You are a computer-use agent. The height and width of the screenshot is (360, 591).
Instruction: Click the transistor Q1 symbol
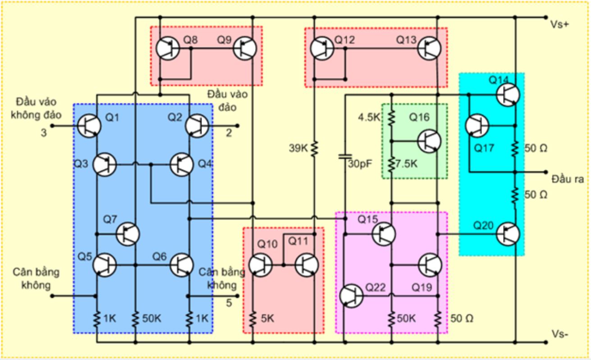coord(88,125)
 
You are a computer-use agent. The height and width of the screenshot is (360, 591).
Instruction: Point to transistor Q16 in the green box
coord(429,141)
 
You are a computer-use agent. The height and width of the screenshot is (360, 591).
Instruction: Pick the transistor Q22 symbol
coord(351,296)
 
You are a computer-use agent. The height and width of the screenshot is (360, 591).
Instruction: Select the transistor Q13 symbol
coord(429,48)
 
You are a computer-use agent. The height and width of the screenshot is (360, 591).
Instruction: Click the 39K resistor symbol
coord(314,148)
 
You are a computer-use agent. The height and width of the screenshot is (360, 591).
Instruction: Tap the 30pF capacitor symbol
coord(345,157)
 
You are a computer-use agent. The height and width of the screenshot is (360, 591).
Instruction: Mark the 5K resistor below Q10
coord(252,318)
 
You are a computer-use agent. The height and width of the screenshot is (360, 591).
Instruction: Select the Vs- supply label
coord(559,335)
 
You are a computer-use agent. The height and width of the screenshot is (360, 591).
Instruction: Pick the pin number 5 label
coord(229,303)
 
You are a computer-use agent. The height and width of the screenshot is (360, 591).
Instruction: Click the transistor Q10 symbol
coord(261,265)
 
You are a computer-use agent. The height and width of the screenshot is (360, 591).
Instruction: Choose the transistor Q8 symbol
coord(168,48)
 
